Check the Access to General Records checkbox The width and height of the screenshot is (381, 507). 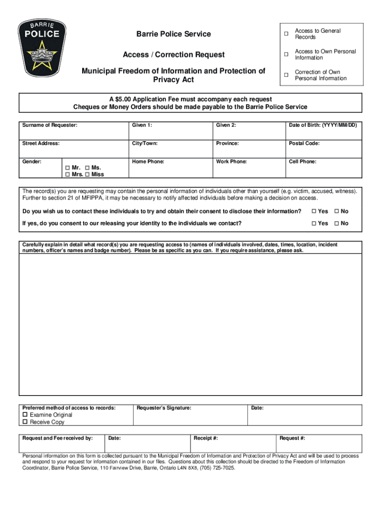point(286,34)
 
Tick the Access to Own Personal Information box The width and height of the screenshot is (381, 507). point(286,54)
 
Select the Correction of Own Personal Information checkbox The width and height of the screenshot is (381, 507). point(286,75)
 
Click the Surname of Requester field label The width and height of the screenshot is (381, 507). point(49,125)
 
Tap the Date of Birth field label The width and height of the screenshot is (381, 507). point(323,125)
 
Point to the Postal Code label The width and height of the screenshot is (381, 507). point(304,143)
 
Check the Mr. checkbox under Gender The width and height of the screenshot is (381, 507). point(67,168)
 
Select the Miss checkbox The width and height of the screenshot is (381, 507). point(88,174)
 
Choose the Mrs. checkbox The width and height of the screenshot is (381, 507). point(67,174)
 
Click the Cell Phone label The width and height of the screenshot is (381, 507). point(302,161)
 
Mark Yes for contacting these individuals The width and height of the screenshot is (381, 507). point(314,212)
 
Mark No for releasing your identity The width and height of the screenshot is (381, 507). point(337,224)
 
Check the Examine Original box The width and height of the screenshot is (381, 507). point(25,415)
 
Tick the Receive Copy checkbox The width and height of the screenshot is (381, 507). point(25,422)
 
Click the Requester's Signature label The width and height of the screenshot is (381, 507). point(164,407)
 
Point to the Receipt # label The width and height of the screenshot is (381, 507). point(206,438)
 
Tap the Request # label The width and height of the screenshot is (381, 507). point(292,438)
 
